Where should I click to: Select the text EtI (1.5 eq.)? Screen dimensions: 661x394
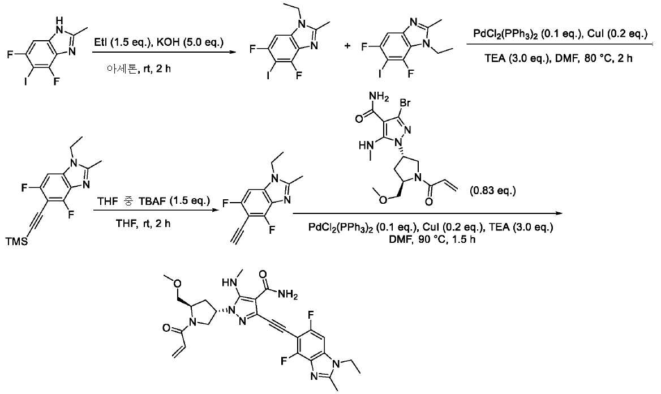pos(122,43)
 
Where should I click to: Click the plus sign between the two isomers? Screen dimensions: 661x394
pos(347,46)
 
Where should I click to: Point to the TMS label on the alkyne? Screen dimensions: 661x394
pos(16,241)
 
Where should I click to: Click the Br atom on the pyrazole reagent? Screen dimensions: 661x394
pos(405,102)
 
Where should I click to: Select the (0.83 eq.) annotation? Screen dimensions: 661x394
pos(493,191)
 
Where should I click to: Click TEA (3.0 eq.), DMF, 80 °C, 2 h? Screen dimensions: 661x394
pos(558,58)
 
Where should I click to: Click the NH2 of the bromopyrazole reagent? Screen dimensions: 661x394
pos(379,97)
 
